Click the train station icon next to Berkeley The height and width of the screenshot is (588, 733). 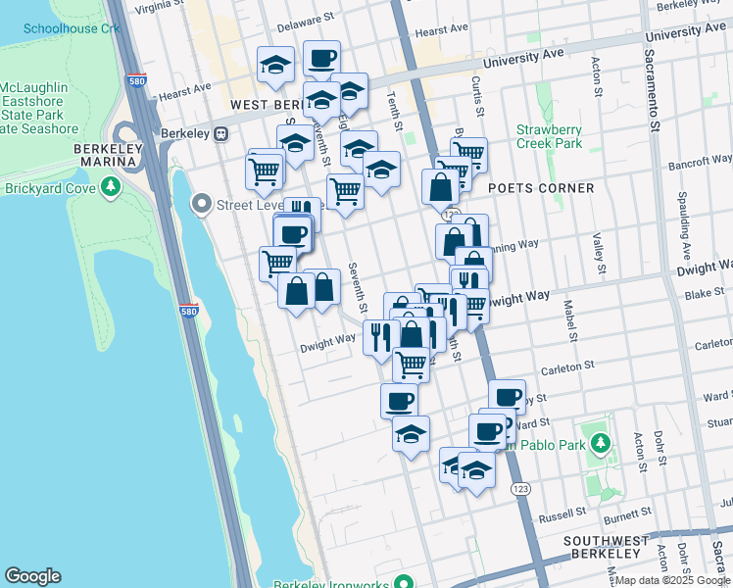(x=221, y=133)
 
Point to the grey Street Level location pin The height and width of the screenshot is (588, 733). (x=203, y=204)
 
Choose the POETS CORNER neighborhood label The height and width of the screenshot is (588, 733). (x=541, y=188)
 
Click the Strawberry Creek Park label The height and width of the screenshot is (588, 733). (x=549, y=136)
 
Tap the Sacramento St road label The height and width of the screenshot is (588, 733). (x=653, y=88)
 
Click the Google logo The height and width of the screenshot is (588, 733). (x=32, y=576)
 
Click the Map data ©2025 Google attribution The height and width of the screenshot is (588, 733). (x=673, y=581)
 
